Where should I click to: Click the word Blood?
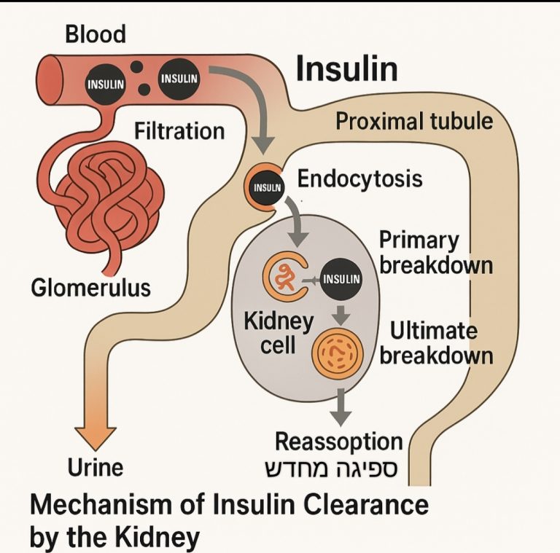coord(96,34)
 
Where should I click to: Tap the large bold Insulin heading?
coord(346,70)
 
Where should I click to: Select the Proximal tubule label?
coord(414,121)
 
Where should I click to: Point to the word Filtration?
coord(179,131)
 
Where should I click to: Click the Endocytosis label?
coord(360,179)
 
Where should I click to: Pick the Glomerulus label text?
coord(90,288)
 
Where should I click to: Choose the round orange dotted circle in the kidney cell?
coord(336,351)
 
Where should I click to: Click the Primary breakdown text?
coord(435,252)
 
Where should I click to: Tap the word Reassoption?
coord(338,442)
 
